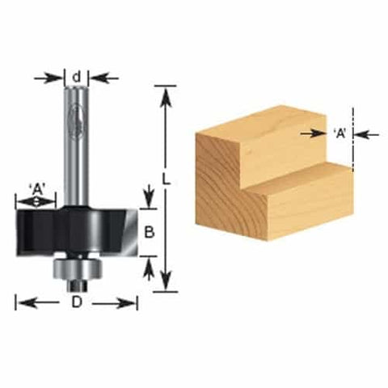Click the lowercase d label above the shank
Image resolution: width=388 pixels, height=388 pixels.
coord(77,78)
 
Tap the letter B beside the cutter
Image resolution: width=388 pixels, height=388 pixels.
coord(149,232)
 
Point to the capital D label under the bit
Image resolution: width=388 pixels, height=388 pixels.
coord(77,303)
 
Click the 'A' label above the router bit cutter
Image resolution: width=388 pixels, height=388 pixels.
coord(37,189)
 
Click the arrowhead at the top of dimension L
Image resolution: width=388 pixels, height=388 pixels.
coord(167,94)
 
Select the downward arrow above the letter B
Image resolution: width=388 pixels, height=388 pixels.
coord(149,198)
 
